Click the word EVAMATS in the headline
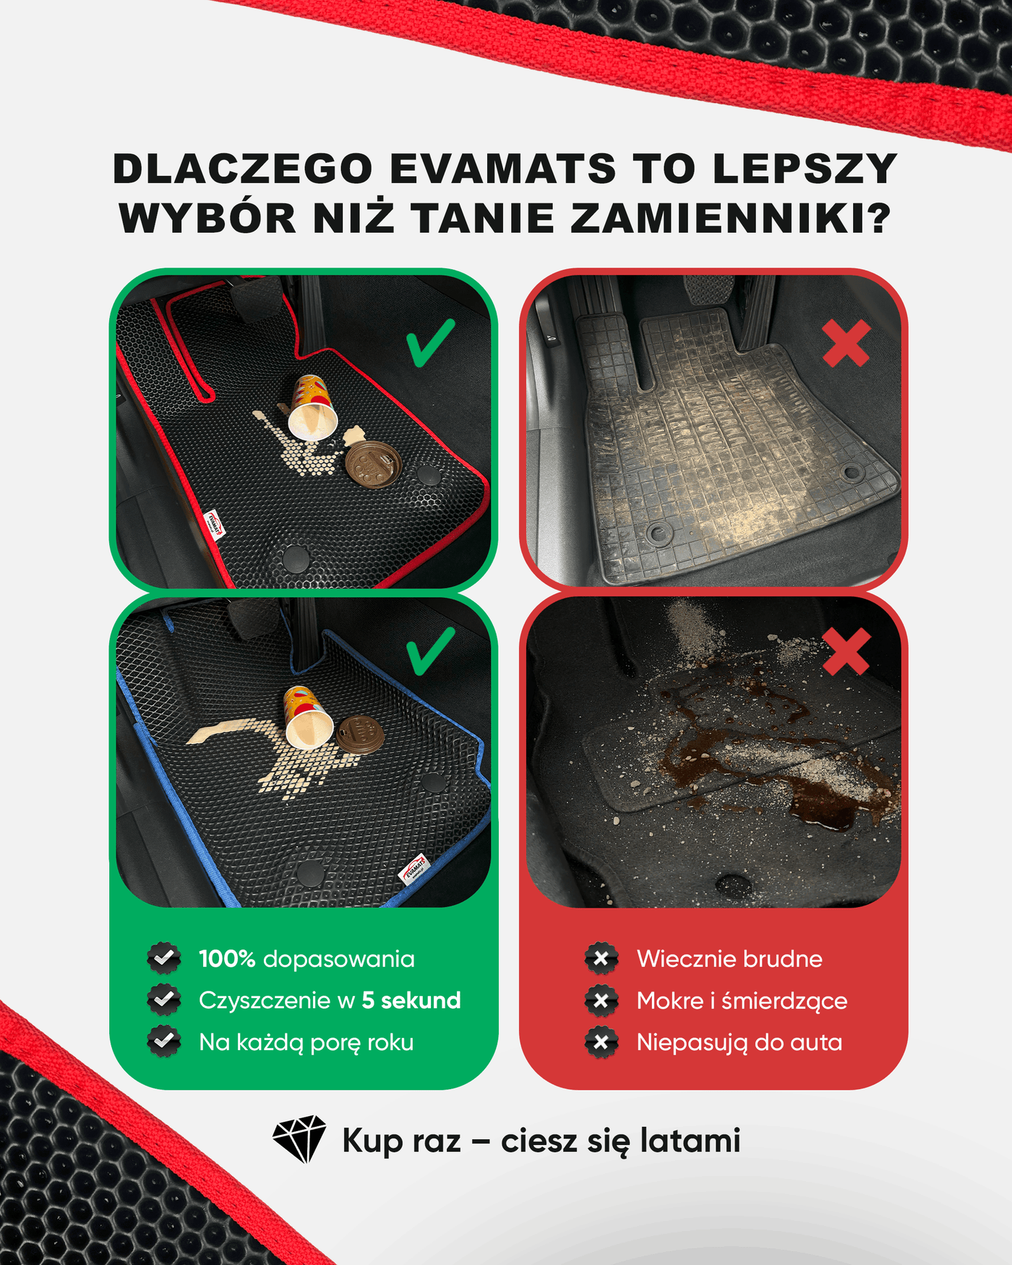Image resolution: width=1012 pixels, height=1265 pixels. tap(502, 169)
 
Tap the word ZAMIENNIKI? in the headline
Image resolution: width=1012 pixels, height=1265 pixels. tap(731, 218)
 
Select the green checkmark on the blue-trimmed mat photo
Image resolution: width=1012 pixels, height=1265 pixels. tap(431, 651)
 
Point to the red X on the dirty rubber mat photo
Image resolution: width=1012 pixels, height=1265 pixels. tap(846, 344)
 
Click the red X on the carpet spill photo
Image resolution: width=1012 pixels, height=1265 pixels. tap(846, 652)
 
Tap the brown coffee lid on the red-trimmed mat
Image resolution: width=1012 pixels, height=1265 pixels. tap(373, 463)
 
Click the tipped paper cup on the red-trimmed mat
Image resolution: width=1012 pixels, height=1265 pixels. tap(313, 407)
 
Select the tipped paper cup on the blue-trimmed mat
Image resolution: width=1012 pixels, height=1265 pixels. tap(308, 717)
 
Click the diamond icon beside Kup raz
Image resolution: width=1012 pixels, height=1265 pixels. tap(299, 1139)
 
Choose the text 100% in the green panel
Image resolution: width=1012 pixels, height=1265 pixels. tap(227, 959)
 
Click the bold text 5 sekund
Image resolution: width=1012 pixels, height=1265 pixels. tap(411, 1000)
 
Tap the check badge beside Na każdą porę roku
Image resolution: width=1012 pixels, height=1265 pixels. tap(164, 1042)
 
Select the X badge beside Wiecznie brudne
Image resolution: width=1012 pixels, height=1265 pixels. tap(601, 959)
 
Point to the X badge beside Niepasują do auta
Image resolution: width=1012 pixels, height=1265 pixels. tap(601, 1042)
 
